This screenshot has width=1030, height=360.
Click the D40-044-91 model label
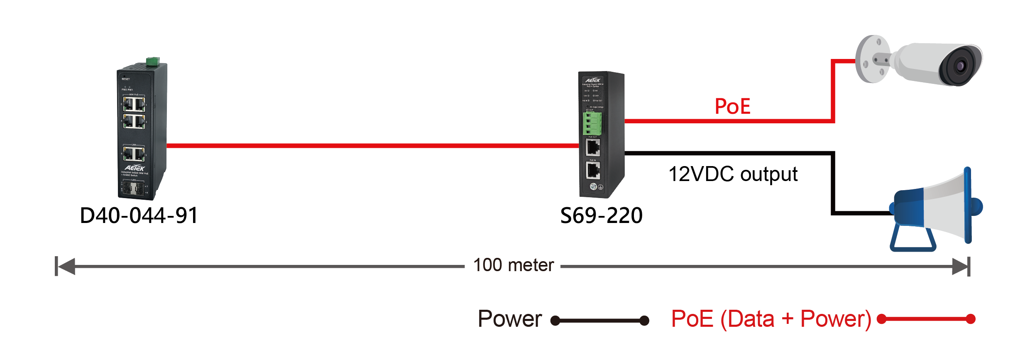tap(139, 216)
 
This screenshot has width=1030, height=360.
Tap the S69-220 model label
tap(601, 216)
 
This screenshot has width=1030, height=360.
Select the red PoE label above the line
tap(732, 107)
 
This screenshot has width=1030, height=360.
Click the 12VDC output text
tap(733, 174)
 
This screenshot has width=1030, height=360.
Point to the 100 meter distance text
tap(514, 265)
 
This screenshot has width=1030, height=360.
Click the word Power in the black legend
tap(510, 319)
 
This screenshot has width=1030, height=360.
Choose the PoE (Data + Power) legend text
tap(771, 319)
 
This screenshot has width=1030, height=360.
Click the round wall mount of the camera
tap(872, 59)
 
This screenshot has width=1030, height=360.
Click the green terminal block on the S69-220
tap(592, 123)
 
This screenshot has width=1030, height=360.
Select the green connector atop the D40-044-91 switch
tap(153, 61)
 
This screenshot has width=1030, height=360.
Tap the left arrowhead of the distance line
tap(66, 266)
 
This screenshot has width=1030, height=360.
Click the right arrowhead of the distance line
tap(960, 266)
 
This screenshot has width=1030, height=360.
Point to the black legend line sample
tap(599, 321)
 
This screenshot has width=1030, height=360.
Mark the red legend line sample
tap(926, 319)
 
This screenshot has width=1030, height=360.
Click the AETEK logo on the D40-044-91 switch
tap(135, 168)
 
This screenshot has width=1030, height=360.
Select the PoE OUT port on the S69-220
tap(592, 147)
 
